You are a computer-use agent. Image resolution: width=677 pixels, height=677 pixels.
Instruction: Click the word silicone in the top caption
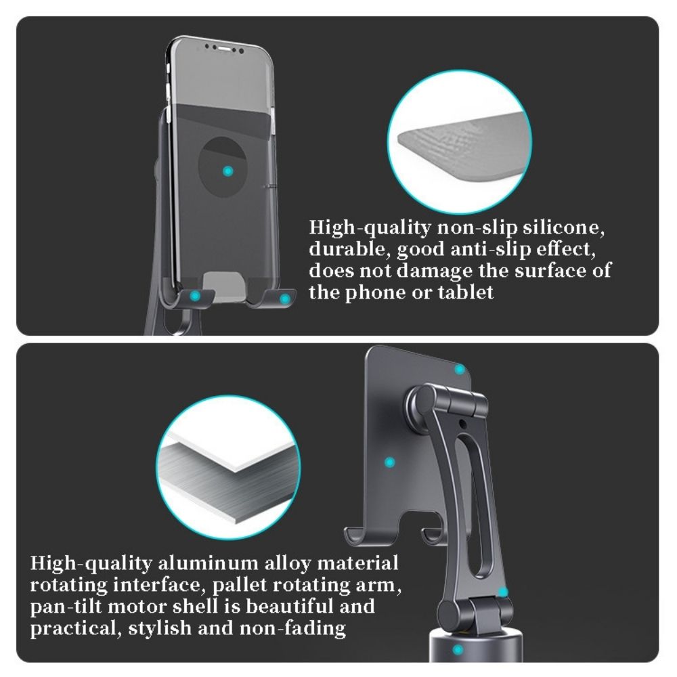click(563, 228)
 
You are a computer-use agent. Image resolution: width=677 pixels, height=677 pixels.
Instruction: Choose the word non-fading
click(292, 628)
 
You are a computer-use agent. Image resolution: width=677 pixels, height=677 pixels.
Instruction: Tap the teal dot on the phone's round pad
click(227, 171)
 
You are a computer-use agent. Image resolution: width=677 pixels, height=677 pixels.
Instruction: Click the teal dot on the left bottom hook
click(195, 296)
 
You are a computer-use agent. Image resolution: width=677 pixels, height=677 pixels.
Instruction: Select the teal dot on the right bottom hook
click(284, 299)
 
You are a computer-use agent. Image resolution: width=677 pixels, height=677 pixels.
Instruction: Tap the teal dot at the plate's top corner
click(460, 369)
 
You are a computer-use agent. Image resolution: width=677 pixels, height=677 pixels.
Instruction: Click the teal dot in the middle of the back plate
click(389, 462)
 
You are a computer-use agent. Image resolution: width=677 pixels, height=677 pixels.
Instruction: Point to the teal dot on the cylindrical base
click(458, 649)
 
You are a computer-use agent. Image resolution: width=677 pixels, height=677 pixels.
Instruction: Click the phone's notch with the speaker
click(223, 47)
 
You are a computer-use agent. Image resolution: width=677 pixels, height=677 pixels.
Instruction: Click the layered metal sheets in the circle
click(228, 473)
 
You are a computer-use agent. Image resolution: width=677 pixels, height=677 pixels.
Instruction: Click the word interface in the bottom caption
click(157, 585)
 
